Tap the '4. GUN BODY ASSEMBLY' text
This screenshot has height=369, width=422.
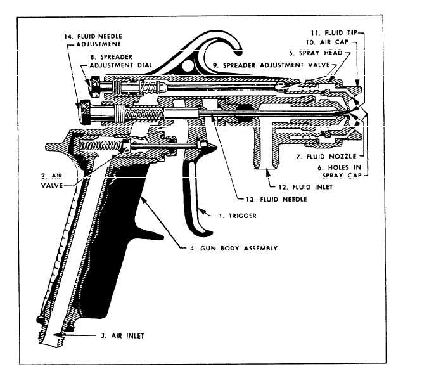point(233,247)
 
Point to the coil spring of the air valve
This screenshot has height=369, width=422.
point(104,146)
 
